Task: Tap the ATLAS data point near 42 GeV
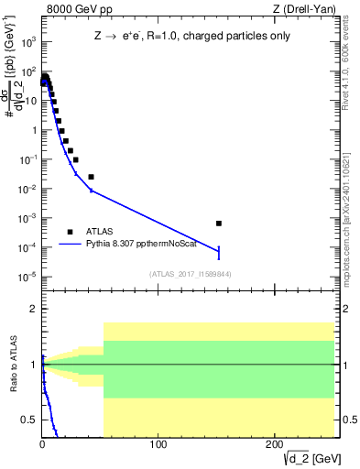pos(91,177)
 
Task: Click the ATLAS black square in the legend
pos(71,232)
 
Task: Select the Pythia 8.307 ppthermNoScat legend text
pos(148,245)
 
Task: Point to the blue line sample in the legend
pos(71,245)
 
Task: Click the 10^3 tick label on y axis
pos(30,42)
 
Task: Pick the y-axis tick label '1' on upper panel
pos(34,130)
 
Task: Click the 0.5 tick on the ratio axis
pos(30,420)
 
